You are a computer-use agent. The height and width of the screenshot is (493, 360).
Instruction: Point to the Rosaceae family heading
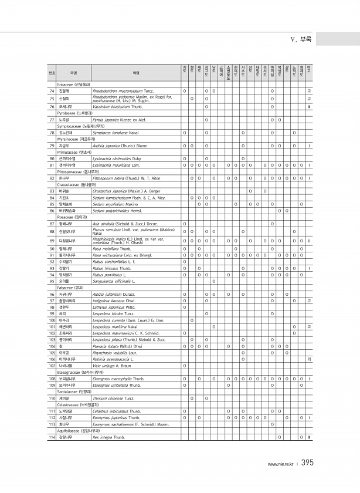(x=68, y=217)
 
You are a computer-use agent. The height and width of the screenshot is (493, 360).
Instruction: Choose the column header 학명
(x=136, y=73)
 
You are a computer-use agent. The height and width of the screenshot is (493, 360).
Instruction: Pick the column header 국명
(x=73, y=73)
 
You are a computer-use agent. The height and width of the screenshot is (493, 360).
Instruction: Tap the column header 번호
(x=52, y=73)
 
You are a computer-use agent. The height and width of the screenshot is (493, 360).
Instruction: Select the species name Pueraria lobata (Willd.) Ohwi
(x=117, y=346)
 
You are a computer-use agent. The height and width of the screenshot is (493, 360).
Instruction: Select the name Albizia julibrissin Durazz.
(x=114, y=294)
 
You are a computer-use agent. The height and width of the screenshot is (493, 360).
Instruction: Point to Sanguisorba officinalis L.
(x=114, y=282)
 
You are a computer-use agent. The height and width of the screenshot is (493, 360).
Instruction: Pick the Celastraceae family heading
(x=72, y=405)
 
